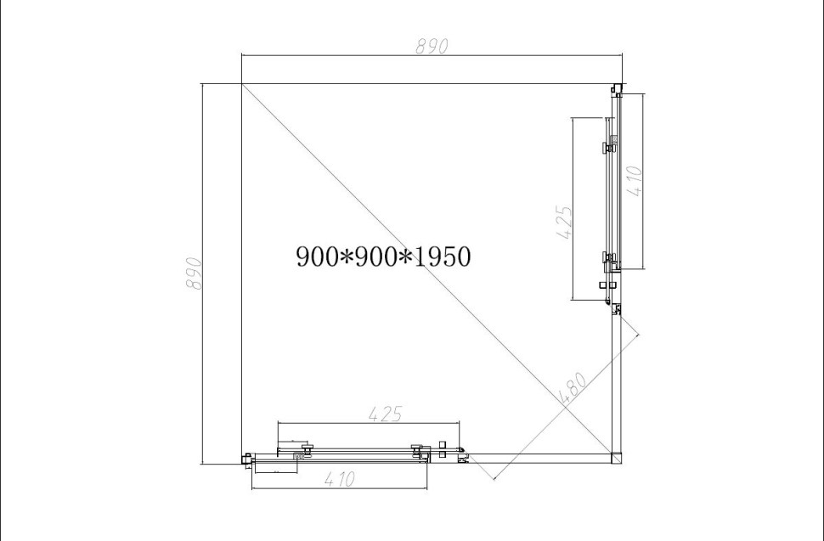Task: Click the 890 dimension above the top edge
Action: pos(432,47)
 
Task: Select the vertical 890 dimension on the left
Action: pos(194,273)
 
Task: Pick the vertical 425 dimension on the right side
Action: pos(563,223)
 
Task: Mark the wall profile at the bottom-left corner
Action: pos(247,459)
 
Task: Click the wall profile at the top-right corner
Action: pos(616,87)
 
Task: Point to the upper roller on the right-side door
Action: pos(608,146)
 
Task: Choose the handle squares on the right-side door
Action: pos(607,285)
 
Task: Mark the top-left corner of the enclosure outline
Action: pos(242,84)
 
